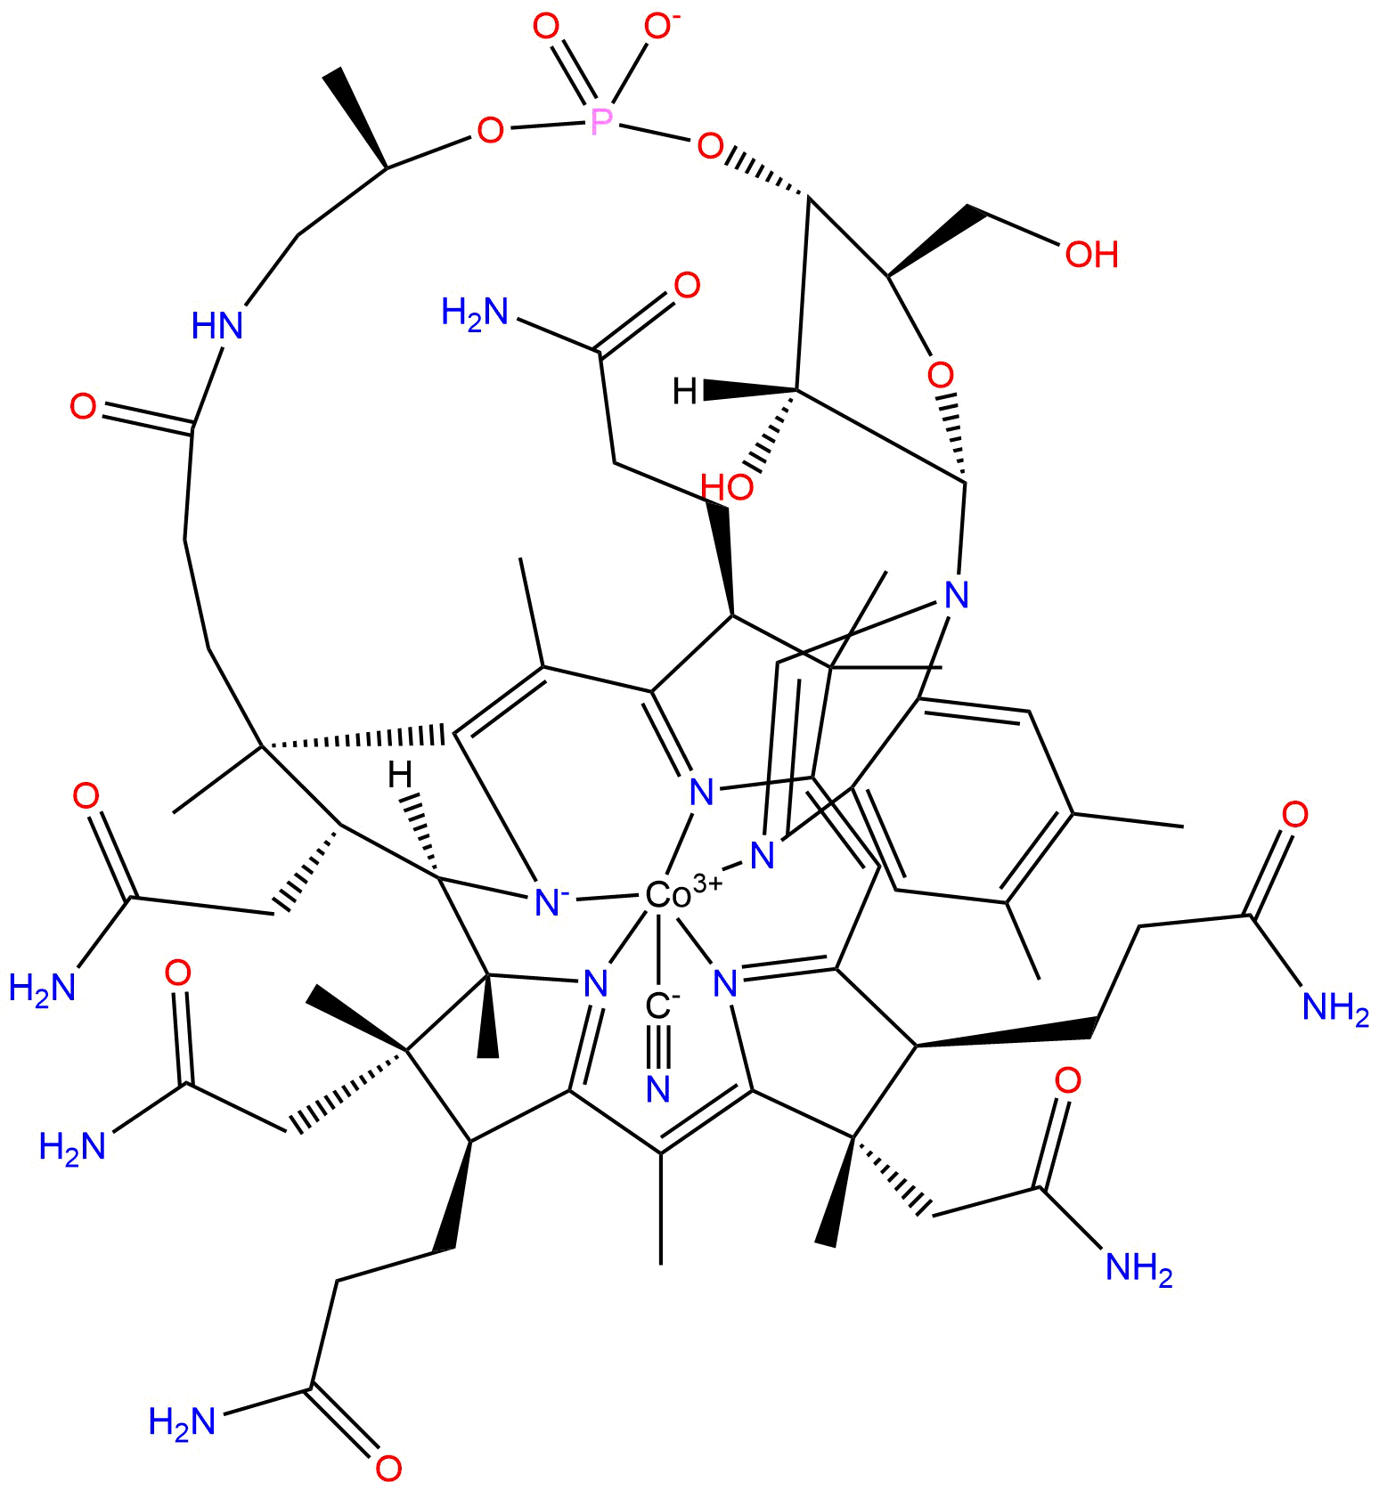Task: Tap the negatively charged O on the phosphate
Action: [x=657, y=28]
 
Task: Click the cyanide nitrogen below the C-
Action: [x=658, y=1088]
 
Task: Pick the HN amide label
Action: [x=218, y=325]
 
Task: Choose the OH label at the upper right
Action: [x=1091, y=255]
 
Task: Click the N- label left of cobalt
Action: [x=545, y=901]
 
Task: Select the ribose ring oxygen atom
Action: [x=940, y=374]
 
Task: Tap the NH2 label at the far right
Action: [x=1334, y=1007]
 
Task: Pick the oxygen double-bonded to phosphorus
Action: [x=545, y=27]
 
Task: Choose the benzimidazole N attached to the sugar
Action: [x=956, y=594]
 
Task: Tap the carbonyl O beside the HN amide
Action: [x=84, y=408]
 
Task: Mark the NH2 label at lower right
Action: [x=1138, y=1266]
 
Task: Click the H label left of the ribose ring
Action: [x=685, y=390]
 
